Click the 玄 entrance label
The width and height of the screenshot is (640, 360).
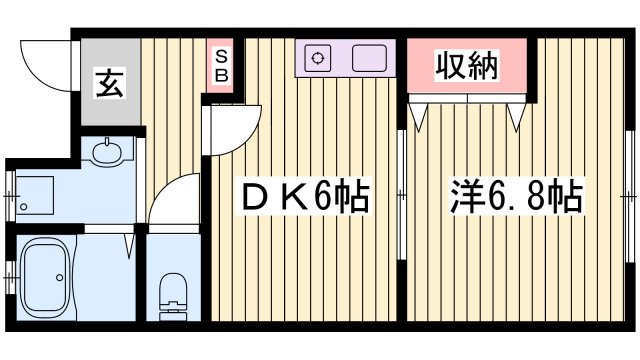108,83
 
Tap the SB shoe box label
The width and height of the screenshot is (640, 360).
221,65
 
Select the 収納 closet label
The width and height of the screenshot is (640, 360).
465,66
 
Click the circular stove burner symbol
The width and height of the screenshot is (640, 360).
319,57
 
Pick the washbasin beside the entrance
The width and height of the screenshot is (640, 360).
105,153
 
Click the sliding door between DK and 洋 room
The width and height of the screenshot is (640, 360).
402,190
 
